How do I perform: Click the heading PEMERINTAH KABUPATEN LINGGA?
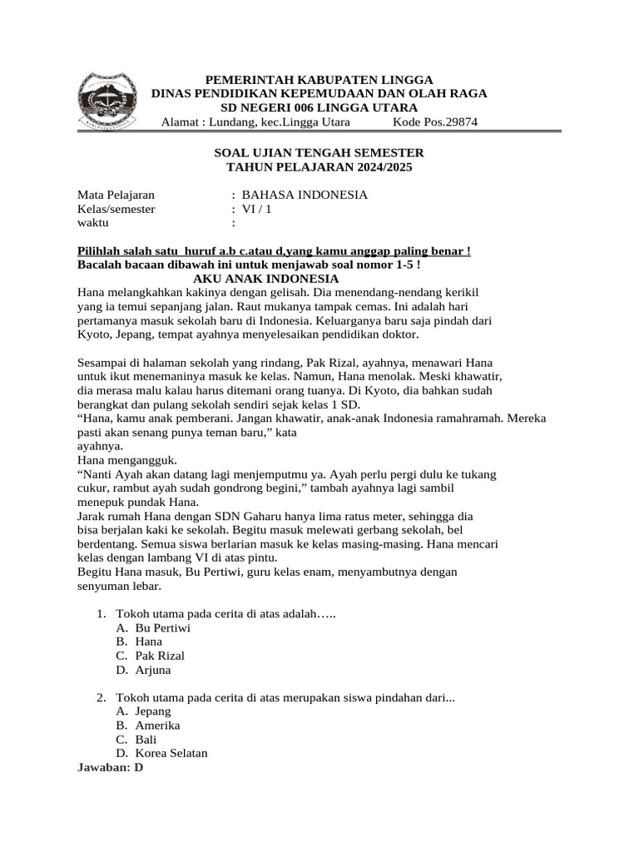[319, 79]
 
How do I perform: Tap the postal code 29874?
[460, 123]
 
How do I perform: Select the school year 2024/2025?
[376, 167]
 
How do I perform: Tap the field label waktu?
[93, 223]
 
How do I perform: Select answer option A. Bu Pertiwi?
[153, 627]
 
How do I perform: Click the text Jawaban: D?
[110, 767]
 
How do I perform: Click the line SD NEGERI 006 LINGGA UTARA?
[319, 108]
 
